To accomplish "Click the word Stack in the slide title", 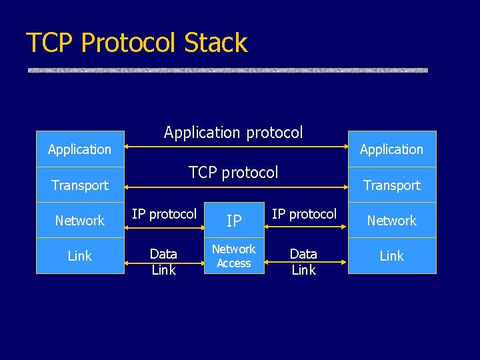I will pyautogui.click(x=215, y=43).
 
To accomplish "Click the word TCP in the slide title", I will pyautogui.click(x=51, y=43).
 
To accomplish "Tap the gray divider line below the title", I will pyautogui.click(x=227, y=70).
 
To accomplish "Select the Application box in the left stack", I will pyautogui.click(x=80, y=149).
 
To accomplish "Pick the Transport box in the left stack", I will pyautogui.click(x=80, y=185).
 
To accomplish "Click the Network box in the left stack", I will pyautogui.click(x=80, y=221).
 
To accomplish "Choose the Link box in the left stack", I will pyautogui.click(x=80, y=256).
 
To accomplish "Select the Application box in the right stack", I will pyautogui.click(x=391, y=149).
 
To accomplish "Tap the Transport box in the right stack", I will pyautogui.click(x=391, y=185).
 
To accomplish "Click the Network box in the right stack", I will pyautogui.click(x=391, y=221).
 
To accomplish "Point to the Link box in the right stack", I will pyautogui.click(x=391, y=256).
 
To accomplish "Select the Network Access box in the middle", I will pyautogui.click(x=233, y=256).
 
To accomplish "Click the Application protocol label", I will pyautogui.click(x=233, y=133).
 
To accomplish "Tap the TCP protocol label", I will pyautogui.click(x=233, y=173).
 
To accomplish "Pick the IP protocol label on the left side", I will pyautogui.click(x=164, y=214).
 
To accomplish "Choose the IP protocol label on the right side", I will pyautogui.click(x=304, y=214).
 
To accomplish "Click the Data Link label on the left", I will pyautogui.click(x=163, y=262).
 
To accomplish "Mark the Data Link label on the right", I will pyautogui.click(x=303, y=262).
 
